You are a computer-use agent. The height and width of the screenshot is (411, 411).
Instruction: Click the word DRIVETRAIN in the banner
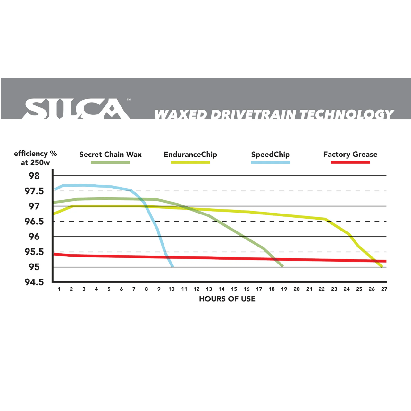point(253,115)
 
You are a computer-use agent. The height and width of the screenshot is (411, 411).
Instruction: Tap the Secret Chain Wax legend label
point(110,155)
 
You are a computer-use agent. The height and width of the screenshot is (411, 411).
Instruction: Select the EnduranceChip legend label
point(190,155)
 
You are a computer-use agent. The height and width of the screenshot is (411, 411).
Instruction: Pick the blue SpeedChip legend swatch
point(271,162)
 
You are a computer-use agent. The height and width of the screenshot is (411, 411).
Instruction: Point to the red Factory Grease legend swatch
point(350,162)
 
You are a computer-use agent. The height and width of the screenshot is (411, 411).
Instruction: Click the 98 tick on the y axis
point(34,176)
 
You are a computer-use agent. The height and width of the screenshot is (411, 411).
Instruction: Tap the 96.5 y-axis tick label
point(34,222)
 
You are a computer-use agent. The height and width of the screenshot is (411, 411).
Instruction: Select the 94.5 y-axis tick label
point(34,282)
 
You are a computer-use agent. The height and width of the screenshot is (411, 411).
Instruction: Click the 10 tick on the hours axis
point(172,289)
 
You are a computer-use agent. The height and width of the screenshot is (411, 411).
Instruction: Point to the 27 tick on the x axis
point(384,289)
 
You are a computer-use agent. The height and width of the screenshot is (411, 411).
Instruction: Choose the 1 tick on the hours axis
point(59,289)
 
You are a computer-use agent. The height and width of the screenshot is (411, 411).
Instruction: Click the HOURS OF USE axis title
point(227,299)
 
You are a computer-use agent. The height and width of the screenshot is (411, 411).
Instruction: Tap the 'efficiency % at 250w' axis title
point(35,158)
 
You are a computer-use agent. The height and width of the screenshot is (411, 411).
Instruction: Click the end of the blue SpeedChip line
point(172,266)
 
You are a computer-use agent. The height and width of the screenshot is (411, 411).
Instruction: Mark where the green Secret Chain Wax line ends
point(282,266)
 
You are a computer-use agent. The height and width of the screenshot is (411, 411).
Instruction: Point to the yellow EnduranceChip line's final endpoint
point(382,266)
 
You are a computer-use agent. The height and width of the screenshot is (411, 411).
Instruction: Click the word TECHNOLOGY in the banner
point(347,115)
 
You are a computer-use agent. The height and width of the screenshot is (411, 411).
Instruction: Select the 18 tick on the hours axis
point(272,289)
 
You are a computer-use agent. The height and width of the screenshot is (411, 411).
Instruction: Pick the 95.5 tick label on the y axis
point(34,252)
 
